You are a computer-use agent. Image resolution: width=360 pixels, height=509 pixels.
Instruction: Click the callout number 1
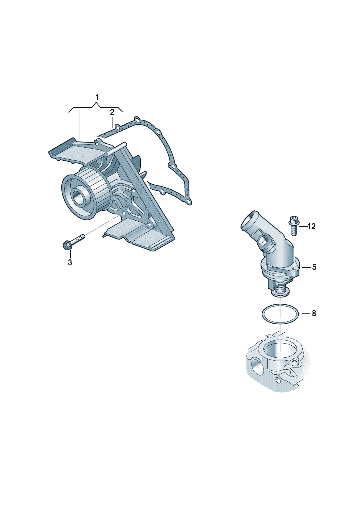97,98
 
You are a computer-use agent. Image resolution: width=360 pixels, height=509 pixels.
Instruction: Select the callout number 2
112,112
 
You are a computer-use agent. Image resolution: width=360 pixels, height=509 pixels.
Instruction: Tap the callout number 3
70,262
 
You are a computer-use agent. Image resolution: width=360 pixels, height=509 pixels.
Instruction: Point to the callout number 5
314,267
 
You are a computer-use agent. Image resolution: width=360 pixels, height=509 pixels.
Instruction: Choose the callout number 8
314,313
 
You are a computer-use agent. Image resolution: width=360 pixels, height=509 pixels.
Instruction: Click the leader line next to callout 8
306,313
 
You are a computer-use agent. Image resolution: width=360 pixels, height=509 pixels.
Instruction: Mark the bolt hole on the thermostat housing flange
295,269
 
